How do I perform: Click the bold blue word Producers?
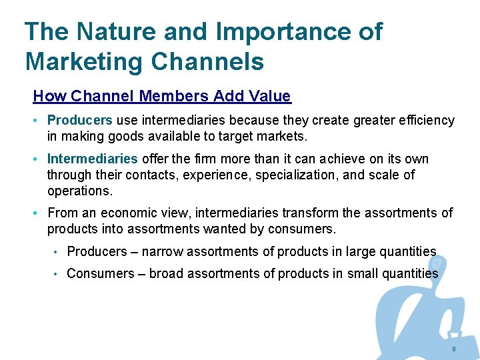click(79, 120)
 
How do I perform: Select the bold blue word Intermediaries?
click(92, 159)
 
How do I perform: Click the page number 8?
click(454, 350)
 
